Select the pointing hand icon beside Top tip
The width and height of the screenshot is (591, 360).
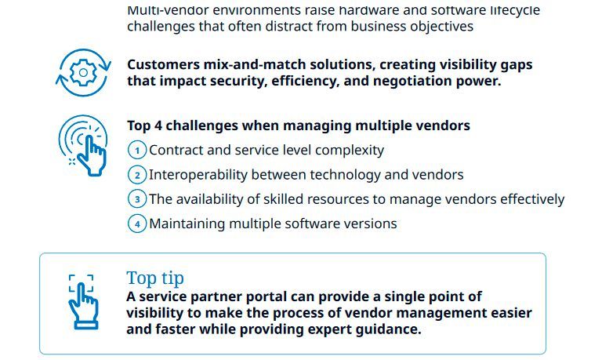click(x=82, y=300)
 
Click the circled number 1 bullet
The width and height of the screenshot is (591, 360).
click(x=137, y=150)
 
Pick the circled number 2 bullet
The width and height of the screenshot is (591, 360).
click(x=137, y=175)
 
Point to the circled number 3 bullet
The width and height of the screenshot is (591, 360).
click(x=137, y=199)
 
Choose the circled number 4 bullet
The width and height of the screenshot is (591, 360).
click(x=137, y=224)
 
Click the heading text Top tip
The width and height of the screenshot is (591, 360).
click(x=155, y=278)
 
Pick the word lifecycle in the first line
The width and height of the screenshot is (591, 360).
click(x=510, y=10)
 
